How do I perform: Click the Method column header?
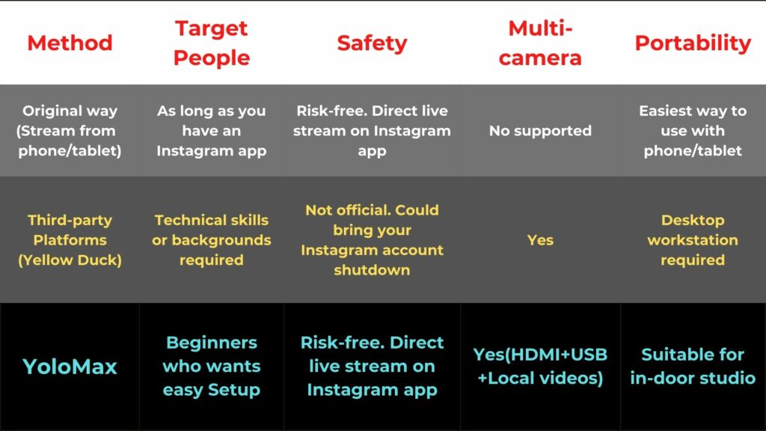70,43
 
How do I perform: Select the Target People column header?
212,43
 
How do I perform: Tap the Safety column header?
372,43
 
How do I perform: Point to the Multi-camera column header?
540,43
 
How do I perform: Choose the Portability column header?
693,43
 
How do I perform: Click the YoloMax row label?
70,367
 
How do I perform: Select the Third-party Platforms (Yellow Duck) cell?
70,240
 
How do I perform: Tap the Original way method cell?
70,130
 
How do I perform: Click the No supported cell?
540,130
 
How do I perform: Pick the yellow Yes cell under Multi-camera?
540,240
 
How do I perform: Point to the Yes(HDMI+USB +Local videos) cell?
540,366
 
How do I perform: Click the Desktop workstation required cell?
693,240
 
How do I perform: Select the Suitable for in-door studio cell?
693,366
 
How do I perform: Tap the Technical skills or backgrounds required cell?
212,240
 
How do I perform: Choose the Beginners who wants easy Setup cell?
212,366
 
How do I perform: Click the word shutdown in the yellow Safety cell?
372,269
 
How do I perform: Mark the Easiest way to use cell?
693,130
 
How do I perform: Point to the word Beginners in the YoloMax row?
212,343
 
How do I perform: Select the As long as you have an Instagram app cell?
212,130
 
